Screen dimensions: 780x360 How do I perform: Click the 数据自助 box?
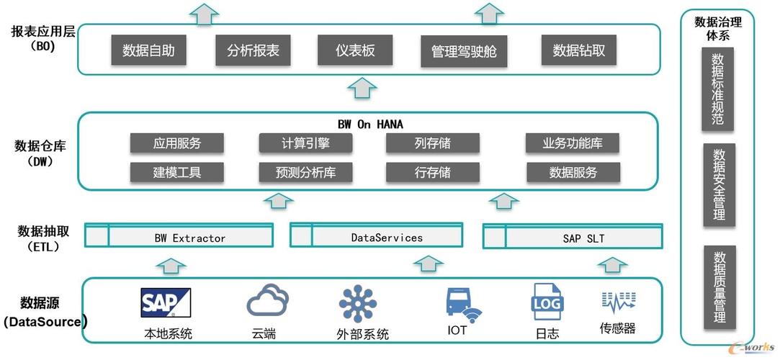coord(148,50)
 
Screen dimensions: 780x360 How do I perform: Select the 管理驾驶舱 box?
coord(464,51)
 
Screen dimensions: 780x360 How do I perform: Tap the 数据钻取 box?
coord(578,50)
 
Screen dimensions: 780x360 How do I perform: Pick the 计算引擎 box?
coord(305,143)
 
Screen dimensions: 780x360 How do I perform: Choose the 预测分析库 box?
coord(305,173)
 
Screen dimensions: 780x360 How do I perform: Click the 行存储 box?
coord(433,173)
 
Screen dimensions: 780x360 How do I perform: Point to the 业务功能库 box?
coord(573,143)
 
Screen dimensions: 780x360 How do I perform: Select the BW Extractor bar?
coord(179,235)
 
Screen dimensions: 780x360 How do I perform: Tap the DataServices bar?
coord(377,235)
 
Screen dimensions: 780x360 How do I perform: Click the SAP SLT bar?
coord(573,235)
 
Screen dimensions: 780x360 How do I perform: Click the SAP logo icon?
coord(166,303)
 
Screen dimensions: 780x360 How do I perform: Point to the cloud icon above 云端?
coord(268,300)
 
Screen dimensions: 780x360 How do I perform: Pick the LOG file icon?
coord(547,302)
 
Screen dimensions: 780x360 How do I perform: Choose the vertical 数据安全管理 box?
coord(719,185)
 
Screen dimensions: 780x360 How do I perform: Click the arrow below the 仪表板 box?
coord(362,89)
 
